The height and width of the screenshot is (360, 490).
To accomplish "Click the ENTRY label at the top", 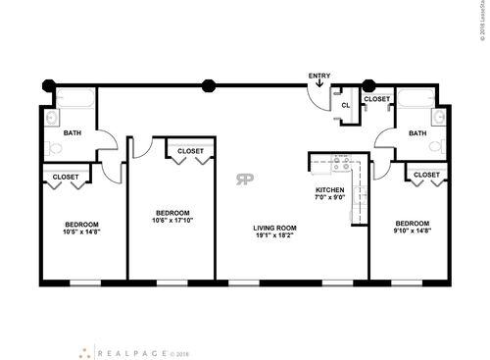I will [319, 76].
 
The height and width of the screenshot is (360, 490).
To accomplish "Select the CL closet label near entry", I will [345, 105].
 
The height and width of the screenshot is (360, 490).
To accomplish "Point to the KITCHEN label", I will [328, 189].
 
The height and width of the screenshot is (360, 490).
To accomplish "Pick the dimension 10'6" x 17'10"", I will [172, 221].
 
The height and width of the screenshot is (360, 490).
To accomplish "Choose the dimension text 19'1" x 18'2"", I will [274, 235].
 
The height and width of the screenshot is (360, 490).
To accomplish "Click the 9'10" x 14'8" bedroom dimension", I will [409, 231].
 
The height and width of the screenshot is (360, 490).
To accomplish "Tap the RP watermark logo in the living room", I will [243, 178].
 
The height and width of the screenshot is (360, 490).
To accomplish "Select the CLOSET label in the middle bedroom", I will [190, 151].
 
